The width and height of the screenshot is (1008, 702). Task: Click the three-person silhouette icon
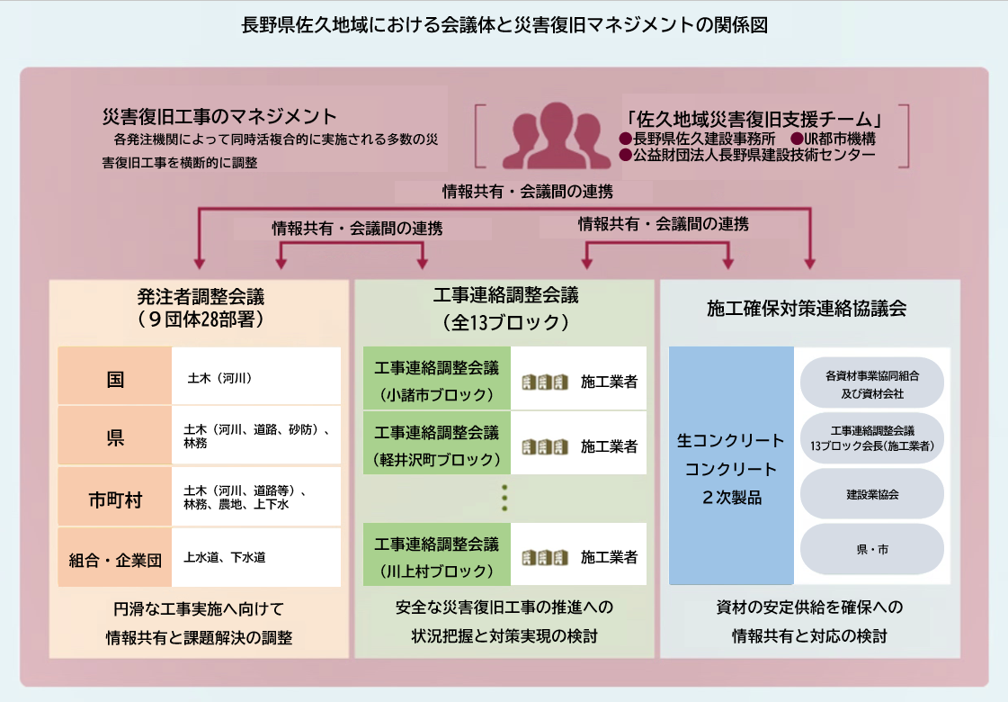[556, 136]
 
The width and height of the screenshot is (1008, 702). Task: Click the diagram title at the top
[504, 25]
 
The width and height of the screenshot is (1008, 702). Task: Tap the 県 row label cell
[115, 435]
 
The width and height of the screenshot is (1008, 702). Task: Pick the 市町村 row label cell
[115, 497]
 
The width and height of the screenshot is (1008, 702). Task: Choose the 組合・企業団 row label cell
[115, 557]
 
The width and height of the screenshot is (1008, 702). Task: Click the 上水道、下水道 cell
[256, 557]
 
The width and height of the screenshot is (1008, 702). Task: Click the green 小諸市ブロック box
[436, 378]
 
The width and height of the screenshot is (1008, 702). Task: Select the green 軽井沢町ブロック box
[436, 444]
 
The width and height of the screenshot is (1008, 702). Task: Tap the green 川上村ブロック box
[436, 554]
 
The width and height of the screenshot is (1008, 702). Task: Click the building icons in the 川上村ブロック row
[545, 557]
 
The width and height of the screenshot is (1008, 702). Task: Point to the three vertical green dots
[504, 498]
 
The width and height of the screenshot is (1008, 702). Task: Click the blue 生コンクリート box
[732, 466]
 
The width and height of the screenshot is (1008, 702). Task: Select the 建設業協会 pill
[871, 494]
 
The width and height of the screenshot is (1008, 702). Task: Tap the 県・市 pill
[871, 549]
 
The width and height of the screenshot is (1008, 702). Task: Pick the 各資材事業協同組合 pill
[871, 383]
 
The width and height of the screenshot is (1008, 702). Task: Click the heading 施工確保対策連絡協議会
[807, 309]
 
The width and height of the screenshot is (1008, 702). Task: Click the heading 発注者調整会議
[201, 297]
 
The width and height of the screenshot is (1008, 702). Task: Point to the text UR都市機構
[840, 139]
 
